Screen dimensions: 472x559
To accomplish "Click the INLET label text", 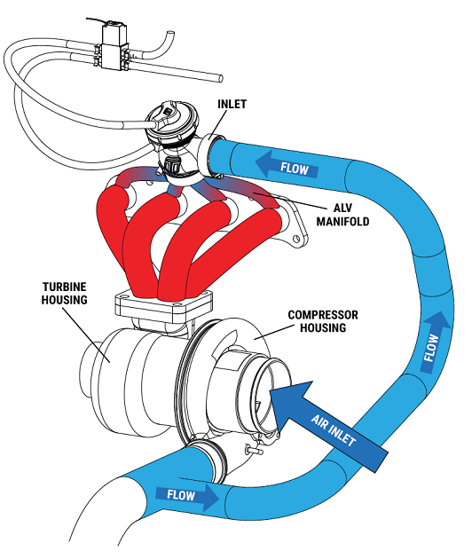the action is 232,104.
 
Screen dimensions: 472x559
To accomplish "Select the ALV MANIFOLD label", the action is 342,215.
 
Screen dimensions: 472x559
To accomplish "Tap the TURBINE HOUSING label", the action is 64,293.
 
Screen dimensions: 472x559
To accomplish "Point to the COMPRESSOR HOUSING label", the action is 323,321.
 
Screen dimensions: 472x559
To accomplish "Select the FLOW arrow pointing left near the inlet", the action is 287,165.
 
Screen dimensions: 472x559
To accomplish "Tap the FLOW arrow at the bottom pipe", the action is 187,495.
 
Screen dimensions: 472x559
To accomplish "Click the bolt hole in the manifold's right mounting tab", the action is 295,238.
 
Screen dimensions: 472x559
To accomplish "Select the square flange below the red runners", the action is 164,306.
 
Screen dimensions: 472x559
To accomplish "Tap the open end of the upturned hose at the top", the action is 170,33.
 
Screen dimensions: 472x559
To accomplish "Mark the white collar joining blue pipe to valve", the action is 206,156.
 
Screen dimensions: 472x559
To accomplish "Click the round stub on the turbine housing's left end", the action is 88,370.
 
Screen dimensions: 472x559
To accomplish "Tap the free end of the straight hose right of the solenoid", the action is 221,78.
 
